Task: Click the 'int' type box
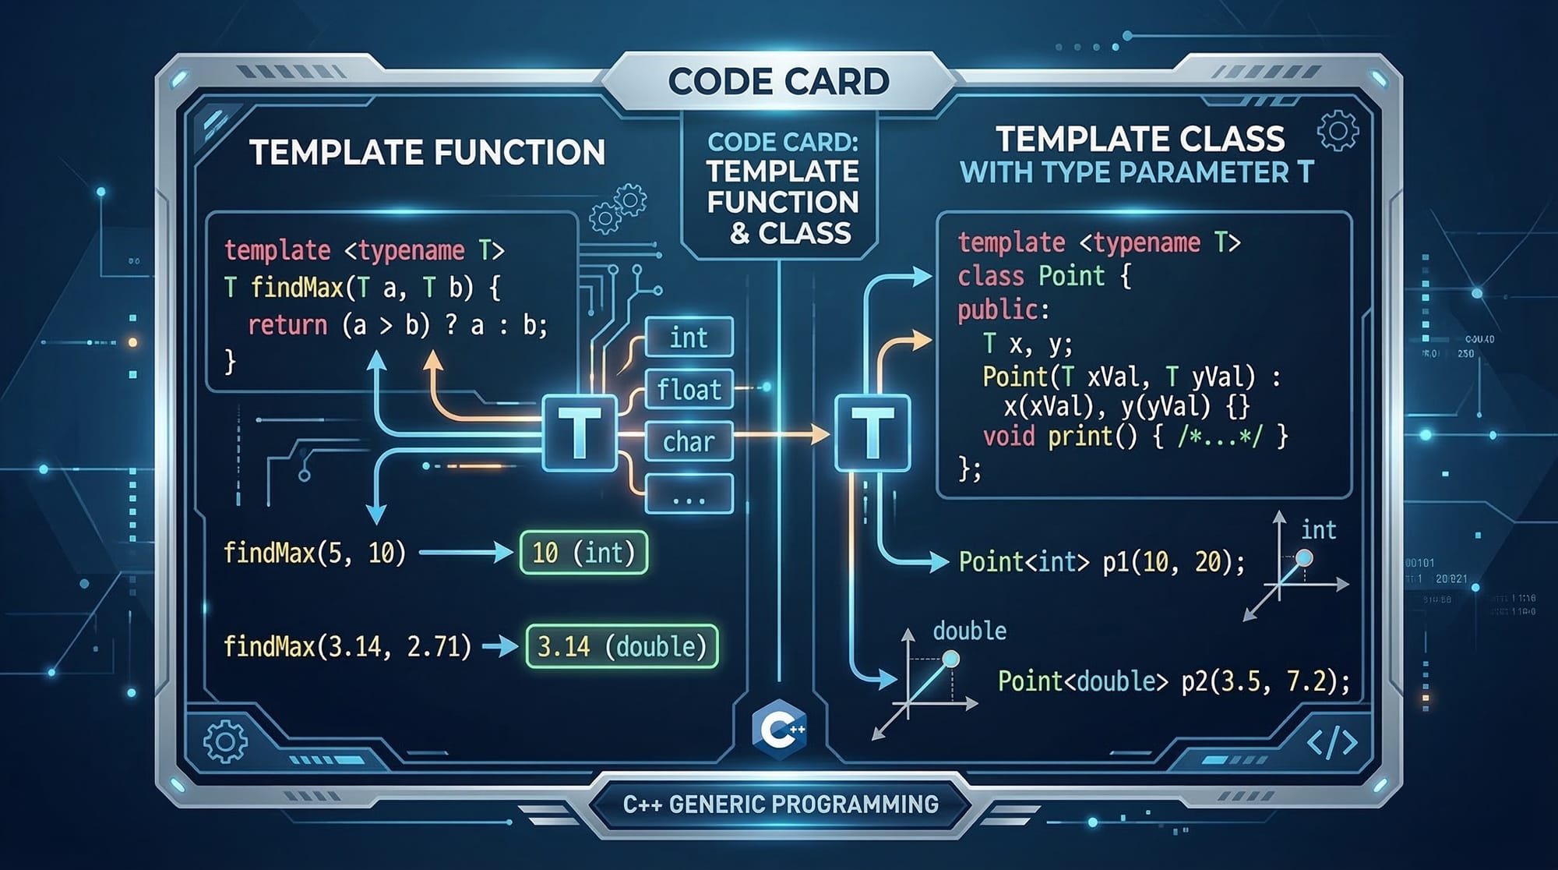(689, 338)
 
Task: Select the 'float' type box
(689, 389)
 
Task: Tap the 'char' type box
(689, 441)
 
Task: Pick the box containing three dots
(689, 494)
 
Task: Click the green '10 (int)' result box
(583, 553)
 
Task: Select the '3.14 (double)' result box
(622, 646)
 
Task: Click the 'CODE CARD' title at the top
(778, 82)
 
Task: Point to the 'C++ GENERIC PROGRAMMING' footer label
(781, 804)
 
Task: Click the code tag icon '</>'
(1332, 743)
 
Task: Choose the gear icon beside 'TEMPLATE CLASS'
(1338, 131)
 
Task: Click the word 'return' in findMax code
(287, 324)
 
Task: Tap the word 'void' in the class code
(1009, 436)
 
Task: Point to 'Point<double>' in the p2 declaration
(1083, 681)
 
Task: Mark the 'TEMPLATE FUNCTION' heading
(427, 152)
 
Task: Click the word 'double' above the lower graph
(969, 631)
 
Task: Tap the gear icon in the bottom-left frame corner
(225, 741)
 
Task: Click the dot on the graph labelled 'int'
(1303, 558)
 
